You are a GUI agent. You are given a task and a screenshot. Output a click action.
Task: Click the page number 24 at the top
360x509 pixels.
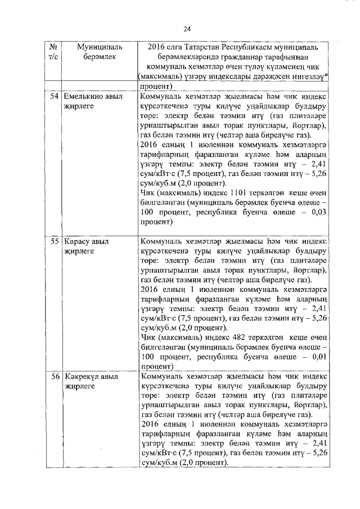pyautogui.click(x=187, y=29)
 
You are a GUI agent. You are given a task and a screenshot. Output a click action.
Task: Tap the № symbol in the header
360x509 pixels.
pyautogui.click(x=52, y=48)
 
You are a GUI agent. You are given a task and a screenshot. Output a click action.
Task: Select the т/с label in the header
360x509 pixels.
pyautogui.click(x=52, y=57)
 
